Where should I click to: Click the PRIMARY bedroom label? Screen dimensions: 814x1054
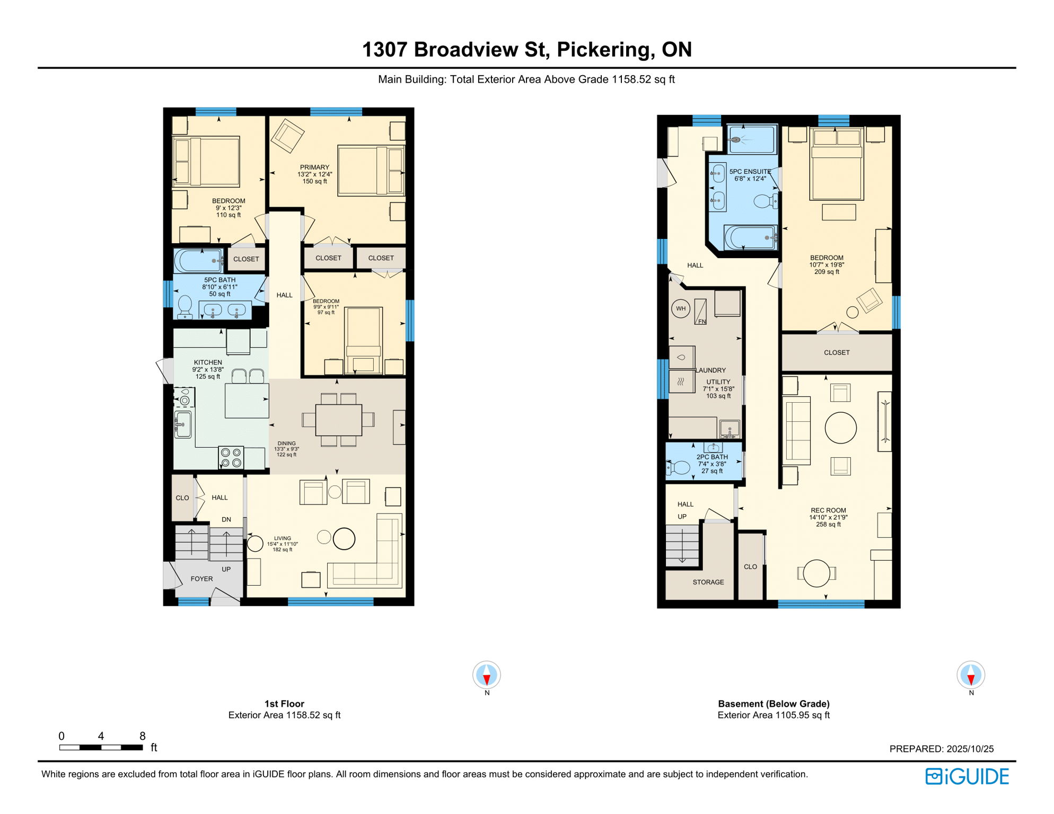(314, 167)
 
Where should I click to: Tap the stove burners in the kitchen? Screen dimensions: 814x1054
(231, 458)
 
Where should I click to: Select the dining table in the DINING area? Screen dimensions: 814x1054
(339, 420)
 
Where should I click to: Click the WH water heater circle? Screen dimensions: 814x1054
(681, 308)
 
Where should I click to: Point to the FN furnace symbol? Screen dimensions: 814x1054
(700, 313)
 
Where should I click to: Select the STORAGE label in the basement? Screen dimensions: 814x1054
(708, 582)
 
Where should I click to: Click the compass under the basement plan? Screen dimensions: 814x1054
(970, 675)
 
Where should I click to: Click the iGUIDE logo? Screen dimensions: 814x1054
(967, 776)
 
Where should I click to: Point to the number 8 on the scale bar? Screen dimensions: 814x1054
(142, 736)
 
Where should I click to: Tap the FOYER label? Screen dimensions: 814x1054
(201, 579)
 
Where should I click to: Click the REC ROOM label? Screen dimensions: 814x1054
(828, 510)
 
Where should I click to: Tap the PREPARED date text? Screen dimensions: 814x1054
(941, 749)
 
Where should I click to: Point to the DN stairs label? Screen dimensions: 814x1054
(226, 519)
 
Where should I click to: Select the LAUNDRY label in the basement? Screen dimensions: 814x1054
(711, 370)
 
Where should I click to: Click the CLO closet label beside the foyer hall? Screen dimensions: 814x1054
(182, 498)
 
